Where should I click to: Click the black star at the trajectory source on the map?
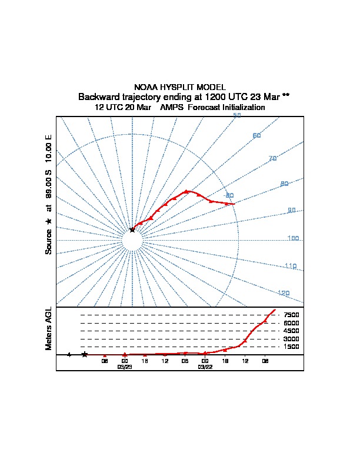132,230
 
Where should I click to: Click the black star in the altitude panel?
85,354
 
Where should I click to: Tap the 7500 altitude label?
292,315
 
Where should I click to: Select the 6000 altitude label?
292,323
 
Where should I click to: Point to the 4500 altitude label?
292,331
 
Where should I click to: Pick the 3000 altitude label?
292,339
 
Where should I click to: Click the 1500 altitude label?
292,347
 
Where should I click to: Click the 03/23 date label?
125,367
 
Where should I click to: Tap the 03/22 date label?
205,367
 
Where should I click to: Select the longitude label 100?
293,238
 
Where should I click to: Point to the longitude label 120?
284,293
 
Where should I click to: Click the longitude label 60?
256,136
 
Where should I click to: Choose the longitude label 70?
272,159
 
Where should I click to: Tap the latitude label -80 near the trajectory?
229,195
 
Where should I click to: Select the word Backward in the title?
99,96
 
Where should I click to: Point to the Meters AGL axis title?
49,329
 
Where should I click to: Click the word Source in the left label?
49,241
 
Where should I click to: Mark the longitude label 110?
291,267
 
